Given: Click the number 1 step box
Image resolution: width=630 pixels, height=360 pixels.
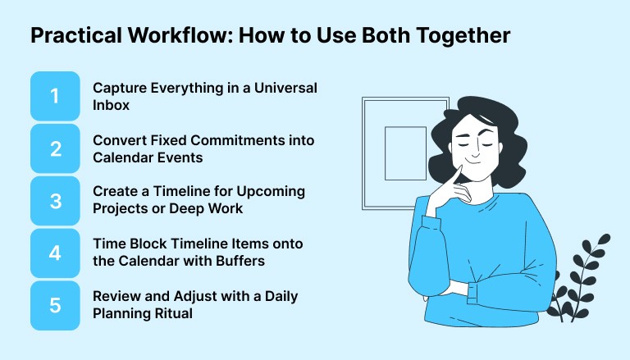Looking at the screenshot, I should pos(55,96).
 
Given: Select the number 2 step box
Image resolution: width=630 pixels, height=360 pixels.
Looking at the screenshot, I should pos(55,148).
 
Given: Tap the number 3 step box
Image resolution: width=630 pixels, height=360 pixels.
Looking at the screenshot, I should pos(55,200).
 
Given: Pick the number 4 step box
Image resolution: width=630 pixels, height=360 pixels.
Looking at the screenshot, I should pos(55,253).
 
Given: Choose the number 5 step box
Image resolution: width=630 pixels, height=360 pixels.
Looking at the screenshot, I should pos(55,305).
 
